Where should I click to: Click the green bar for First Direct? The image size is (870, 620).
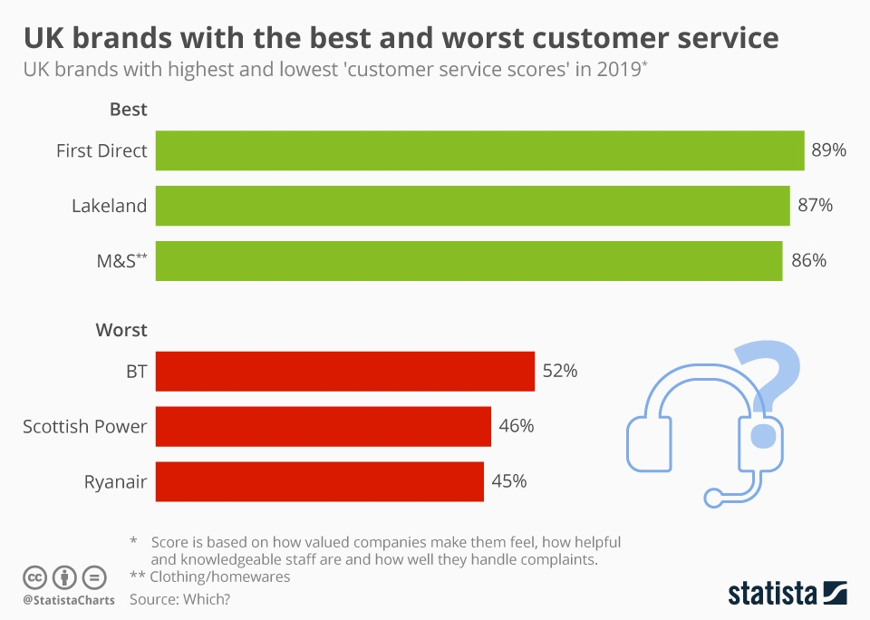coord(479,150)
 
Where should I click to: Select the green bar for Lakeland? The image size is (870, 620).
coord(472,206)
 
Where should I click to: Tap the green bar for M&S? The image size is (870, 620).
coord(469,261)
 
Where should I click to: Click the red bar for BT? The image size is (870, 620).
coord(344,372)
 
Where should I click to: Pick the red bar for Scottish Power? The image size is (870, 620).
coord(323,426)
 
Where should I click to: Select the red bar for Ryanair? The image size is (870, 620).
coord(319,481)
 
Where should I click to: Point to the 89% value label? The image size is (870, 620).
coord(828,150)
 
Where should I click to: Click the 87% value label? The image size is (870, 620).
coord(815,206)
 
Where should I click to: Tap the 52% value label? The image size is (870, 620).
coord(559,372)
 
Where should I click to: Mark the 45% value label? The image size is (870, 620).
coord(508,481)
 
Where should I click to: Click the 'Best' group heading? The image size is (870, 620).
coord(128,110)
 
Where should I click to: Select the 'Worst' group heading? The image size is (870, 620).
coord(121,330)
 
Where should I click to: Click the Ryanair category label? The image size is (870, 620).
coord(115,481)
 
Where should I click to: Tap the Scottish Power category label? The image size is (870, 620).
coord(84,426)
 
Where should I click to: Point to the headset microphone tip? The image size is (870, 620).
coord(714,497)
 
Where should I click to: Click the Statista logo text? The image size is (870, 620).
coord(771,594)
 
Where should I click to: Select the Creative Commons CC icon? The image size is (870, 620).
coord(35,576)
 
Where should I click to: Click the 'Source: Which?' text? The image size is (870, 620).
coord(179,599)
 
